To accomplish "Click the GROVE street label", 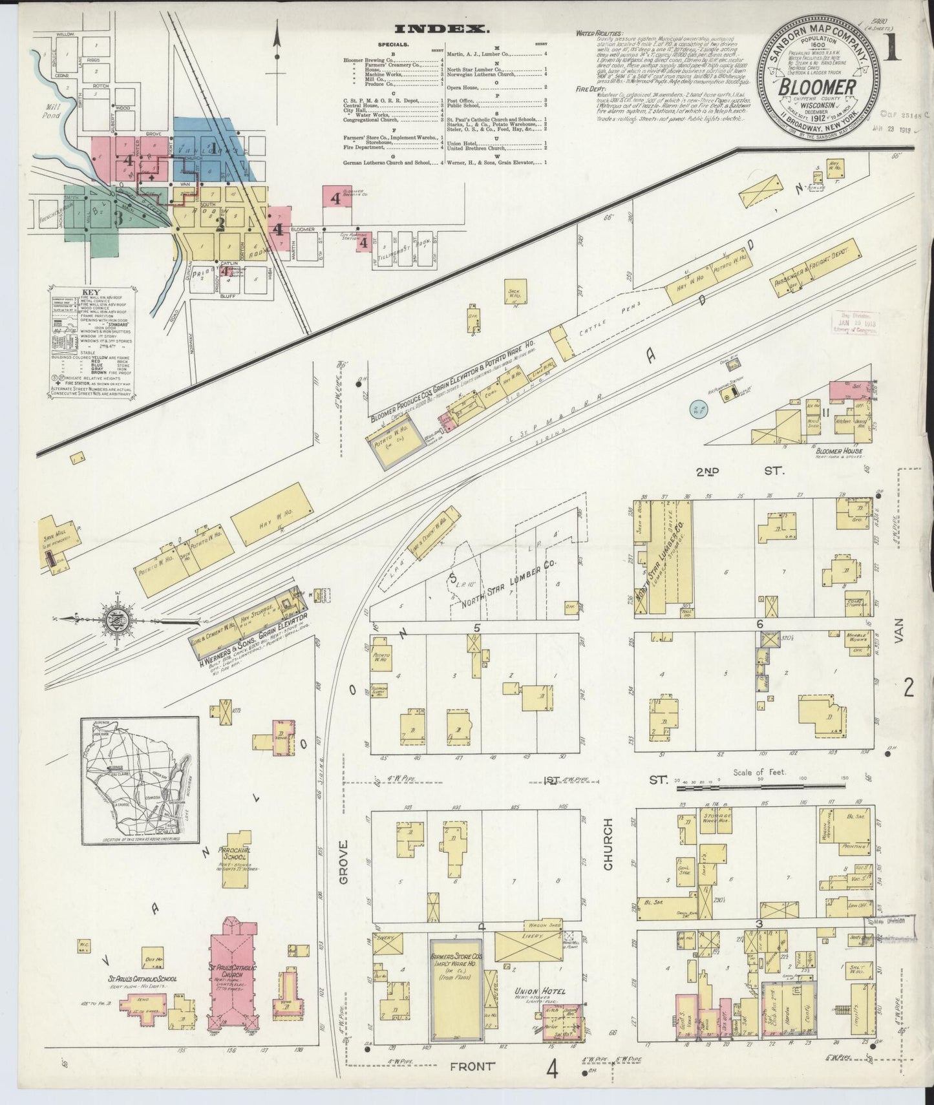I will click(343, 862).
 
